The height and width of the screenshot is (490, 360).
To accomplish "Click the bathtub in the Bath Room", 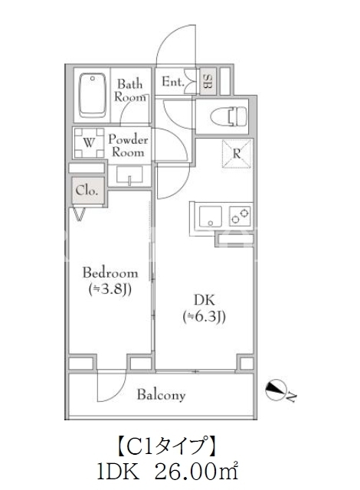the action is click(92, 96).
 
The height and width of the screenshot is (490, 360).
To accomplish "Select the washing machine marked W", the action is click(89, 143).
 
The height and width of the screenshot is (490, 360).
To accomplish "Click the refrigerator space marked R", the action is click(237, 154).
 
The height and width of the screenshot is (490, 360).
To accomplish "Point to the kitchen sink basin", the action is click(211, 216).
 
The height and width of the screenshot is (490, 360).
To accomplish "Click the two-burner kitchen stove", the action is click(240, 216).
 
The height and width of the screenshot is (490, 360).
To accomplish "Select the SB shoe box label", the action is click(208, 81).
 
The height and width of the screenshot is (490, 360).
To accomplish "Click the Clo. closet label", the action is click(87, 191).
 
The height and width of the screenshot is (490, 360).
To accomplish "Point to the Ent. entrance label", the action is click(172, 82).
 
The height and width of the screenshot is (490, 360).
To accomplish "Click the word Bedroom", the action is click(110, 273).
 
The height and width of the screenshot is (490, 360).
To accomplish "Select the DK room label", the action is click(205, 300).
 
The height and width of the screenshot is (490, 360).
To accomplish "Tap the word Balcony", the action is click(161, 395).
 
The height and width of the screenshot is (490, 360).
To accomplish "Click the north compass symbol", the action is click(276, 390).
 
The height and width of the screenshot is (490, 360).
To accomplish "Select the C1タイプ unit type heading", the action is click(167, 445).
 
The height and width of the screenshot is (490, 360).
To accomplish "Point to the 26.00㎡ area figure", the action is click(196, 472).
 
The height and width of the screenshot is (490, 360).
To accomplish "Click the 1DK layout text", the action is click(118, 472).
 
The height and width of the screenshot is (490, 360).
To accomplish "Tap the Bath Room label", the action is click(130, 90).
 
